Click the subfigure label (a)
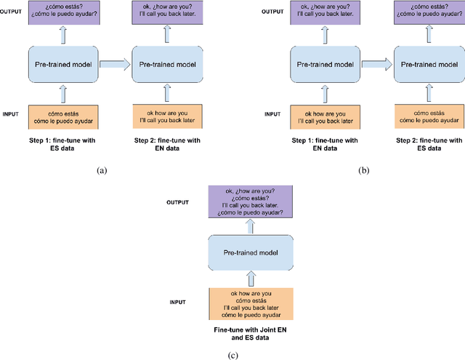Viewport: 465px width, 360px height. pyautogui.click(x=102, y=170)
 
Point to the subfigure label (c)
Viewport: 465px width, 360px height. pyautogui.click(x=232, y=354)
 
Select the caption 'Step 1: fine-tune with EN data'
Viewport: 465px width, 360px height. pyautogui.click(x=325, y=143)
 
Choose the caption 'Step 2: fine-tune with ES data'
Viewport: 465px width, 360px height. pyautogui.click(x=429, y=143)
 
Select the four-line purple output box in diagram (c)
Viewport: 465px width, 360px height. pyautogui.click(x=250, y=203)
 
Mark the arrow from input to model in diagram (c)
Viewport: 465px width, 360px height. pyautogui.click(x=250, y=279)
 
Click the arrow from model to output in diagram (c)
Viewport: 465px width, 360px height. pyautogui.click(x=250, y=227)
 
